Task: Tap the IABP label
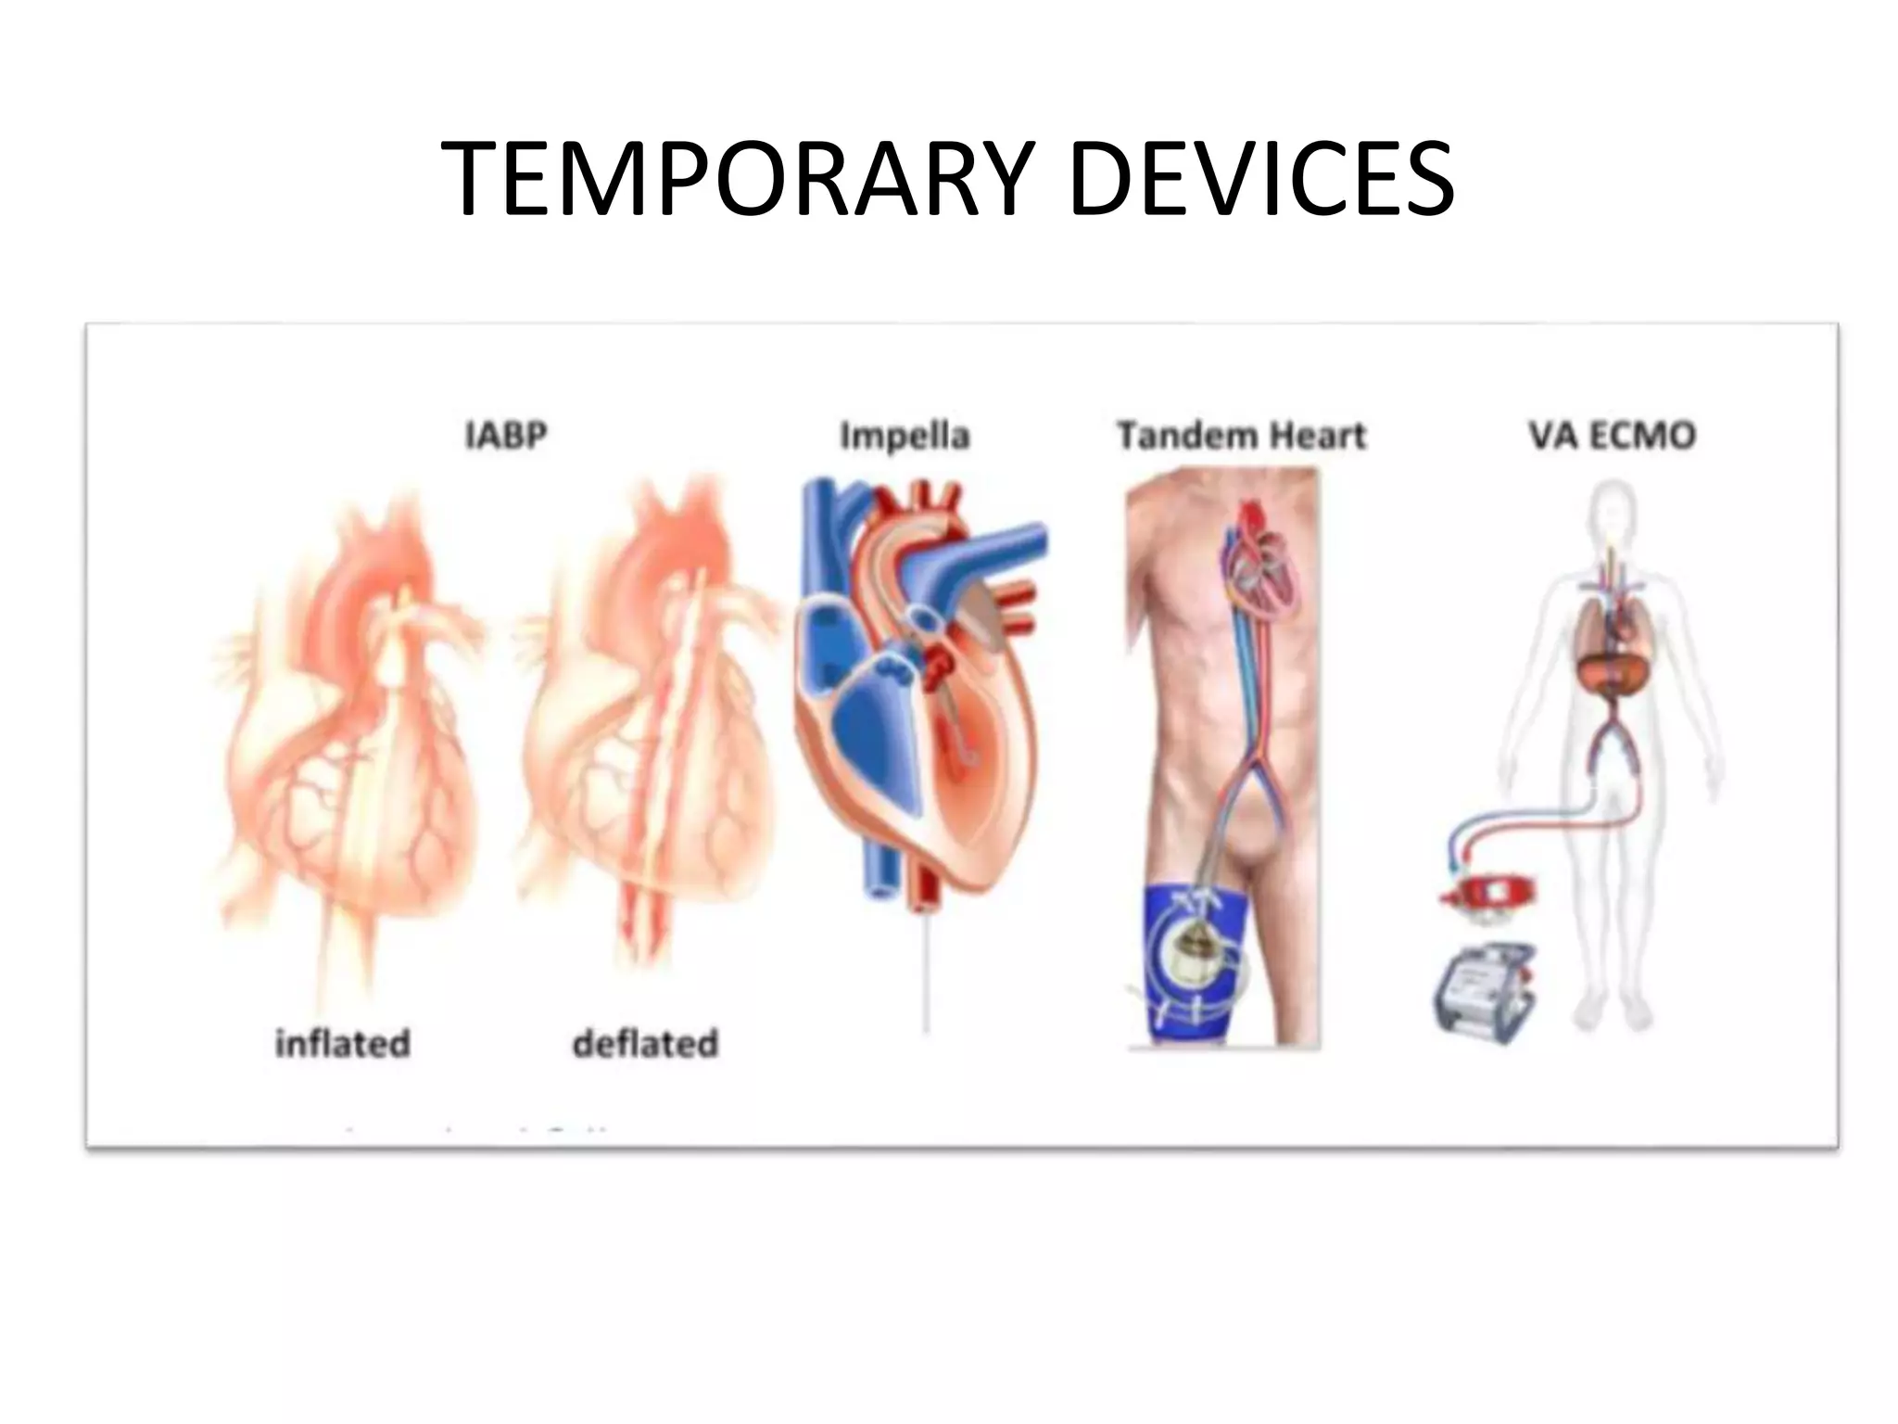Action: (x=506, y=435)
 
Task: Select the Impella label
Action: (x=905, y=435)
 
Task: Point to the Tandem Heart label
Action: (x=1241, y=435)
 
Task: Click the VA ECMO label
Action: (x=1612, y=435)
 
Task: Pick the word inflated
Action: (x=343, y=1044)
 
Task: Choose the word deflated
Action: (x=645, y=1044)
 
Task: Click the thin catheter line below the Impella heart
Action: (x=926, y=973)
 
